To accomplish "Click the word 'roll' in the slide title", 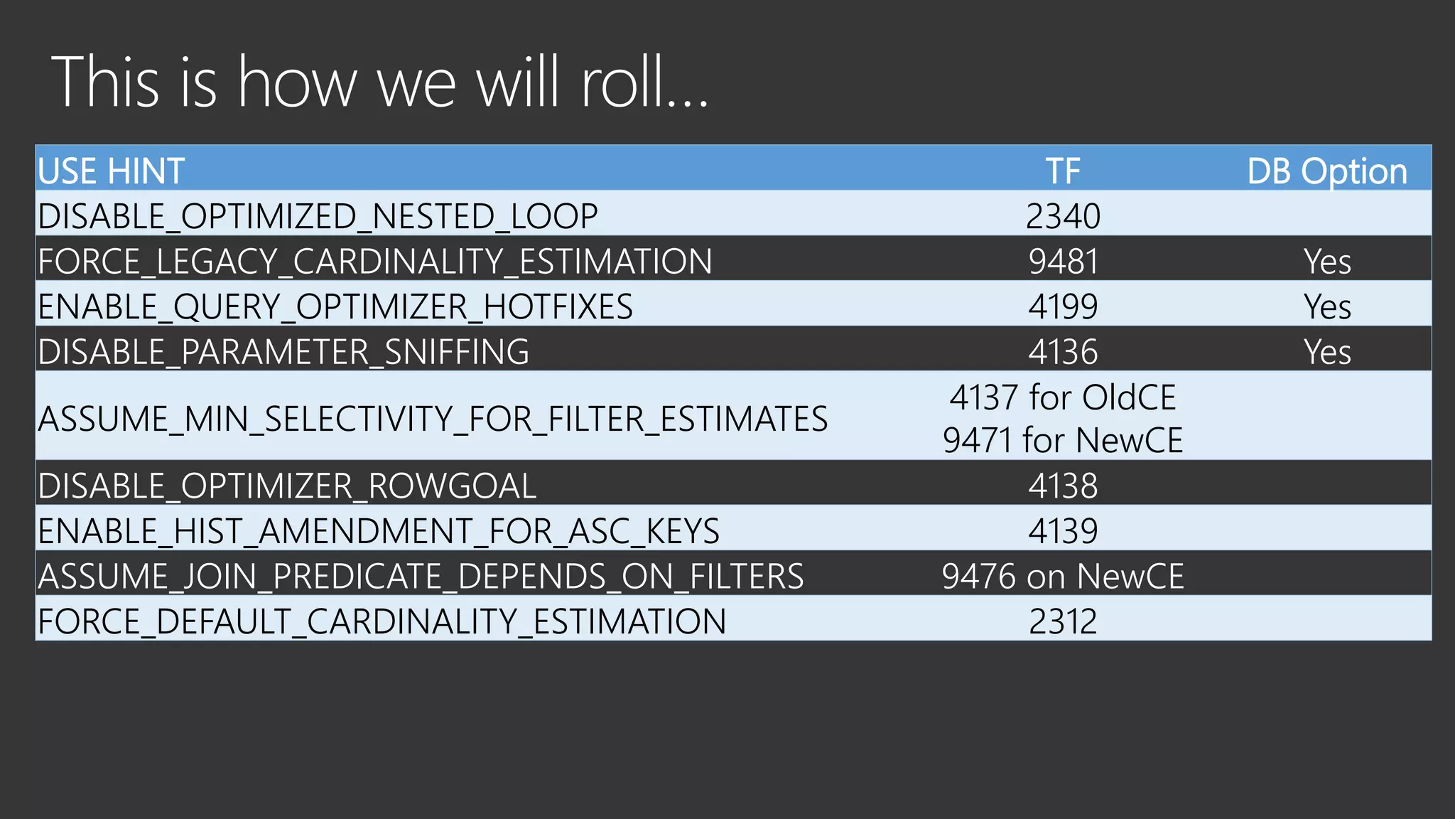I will (622, 83).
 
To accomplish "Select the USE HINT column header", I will (111, 171).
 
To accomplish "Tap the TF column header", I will (1063, 171).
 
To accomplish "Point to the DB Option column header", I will (1327, 171).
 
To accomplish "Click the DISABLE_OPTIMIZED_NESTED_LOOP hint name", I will (318, 216).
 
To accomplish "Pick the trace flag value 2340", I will (1063, 216).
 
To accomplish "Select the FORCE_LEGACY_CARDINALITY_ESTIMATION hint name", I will (374, 262).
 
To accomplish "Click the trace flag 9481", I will (1063, 262).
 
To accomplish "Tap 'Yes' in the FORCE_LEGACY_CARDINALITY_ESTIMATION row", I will (1327, 262).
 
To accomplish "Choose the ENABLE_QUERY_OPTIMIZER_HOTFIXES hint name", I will (335, 306).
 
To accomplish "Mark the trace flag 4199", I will (1063, 306).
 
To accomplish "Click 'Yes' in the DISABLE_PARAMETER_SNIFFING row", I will (1327, 352).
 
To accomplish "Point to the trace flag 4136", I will (1063, 352).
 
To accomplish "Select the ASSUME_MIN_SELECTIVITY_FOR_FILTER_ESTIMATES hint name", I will (433, 419).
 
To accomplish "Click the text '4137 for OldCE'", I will (1063, 397).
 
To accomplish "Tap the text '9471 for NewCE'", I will (1063, 440).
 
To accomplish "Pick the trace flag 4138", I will (1063, 486).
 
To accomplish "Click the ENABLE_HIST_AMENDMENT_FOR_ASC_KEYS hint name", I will (378, 531).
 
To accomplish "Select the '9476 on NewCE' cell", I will (1063, 576).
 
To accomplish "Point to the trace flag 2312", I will (1063, 621).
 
